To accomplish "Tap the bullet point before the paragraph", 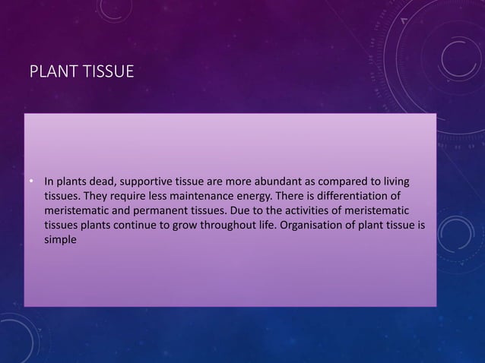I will (32, 182).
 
